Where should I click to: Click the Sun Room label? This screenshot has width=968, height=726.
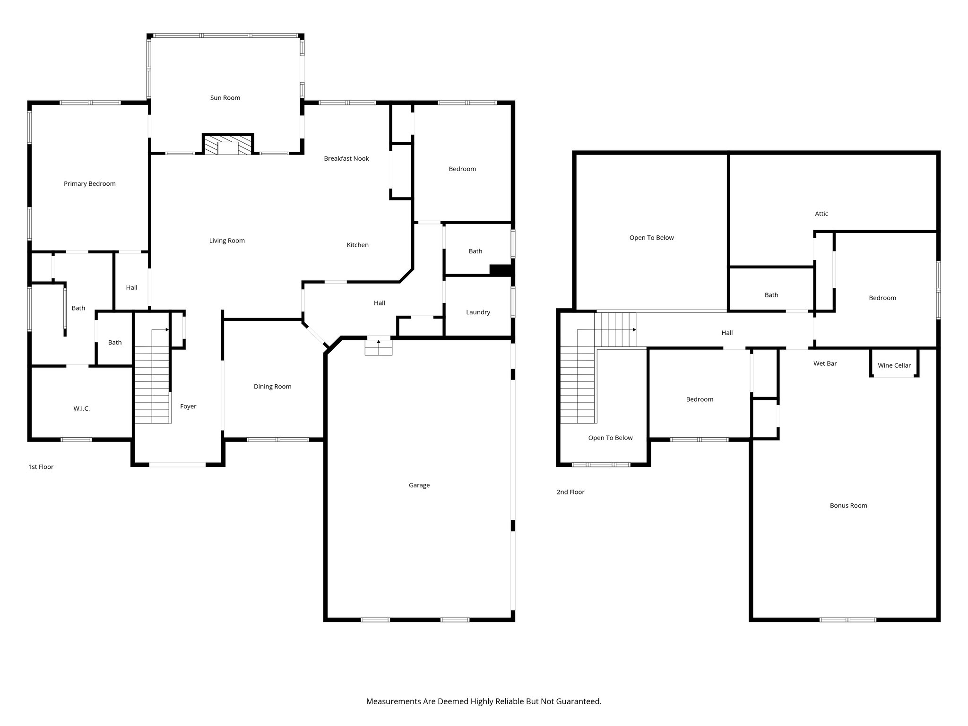225,98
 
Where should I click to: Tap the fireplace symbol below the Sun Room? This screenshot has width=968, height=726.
228,145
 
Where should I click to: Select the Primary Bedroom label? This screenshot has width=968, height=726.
89,184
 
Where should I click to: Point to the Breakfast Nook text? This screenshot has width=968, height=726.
346,159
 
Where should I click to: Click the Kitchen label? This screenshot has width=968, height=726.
357,245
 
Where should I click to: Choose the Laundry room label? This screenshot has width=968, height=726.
478,312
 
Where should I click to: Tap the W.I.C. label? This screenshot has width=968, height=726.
81,409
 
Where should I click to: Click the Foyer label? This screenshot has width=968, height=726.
188,406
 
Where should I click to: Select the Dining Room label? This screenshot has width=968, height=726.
272,387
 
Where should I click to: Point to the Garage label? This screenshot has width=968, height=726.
419,485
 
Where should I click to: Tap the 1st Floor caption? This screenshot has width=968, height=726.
41,467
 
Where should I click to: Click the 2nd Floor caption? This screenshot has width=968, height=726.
570,492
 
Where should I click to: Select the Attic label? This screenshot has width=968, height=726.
821,214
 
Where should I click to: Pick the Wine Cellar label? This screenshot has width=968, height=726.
894,365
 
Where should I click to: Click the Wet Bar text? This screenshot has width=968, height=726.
825,363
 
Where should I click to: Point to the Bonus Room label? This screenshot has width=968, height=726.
848,506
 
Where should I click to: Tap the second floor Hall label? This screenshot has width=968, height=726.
726,333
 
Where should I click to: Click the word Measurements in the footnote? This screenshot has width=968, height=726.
393,701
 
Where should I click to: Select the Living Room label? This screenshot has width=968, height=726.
227,241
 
